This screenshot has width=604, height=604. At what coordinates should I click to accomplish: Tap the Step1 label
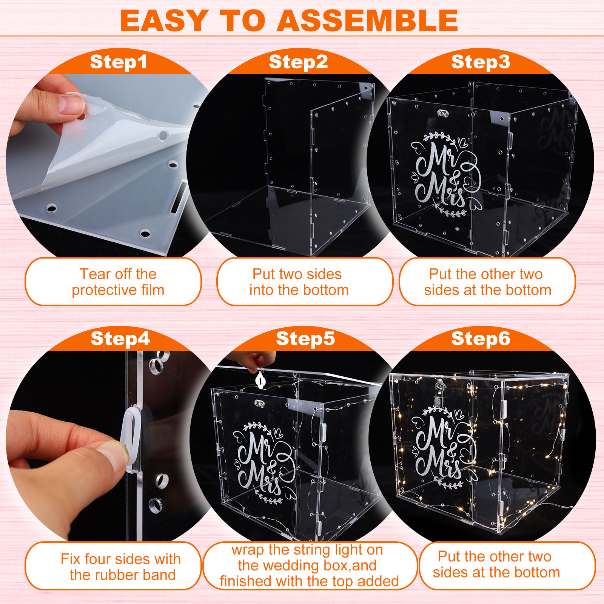[119, 62]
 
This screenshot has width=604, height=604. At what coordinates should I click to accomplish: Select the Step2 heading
[298, 62]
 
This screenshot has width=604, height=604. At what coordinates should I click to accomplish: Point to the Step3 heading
[481, 62]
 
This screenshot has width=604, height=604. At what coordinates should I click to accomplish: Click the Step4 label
[120, 338]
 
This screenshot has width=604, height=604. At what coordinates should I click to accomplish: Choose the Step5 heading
[305, 338]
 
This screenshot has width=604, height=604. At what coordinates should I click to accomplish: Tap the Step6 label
[481, 338]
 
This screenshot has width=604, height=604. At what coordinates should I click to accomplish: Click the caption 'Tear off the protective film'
[118, 282]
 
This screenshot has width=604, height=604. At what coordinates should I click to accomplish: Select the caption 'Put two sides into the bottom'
[299, 282]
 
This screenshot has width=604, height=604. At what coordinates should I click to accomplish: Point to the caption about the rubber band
[121, 567]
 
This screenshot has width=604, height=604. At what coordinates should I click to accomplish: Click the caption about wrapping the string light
[309, 565]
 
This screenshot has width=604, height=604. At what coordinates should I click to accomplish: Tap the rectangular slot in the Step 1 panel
[178, 197]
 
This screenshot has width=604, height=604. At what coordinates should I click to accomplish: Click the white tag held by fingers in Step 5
[260, 379]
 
